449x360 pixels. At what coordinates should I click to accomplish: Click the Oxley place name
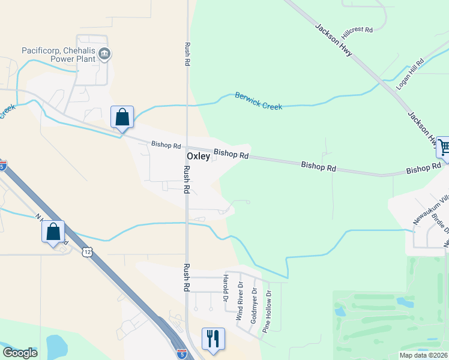tap(199, 156)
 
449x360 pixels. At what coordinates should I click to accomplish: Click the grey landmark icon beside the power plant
tap(104, 55)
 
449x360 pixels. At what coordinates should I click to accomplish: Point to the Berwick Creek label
tap(259, 101)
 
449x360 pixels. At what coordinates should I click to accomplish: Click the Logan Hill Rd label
tap(411, 74)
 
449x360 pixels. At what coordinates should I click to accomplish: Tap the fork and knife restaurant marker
tap(213, 339)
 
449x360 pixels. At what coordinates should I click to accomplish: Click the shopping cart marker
tap(443, 148)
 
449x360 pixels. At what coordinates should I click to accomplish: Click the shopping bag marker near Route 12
tap(53, 232)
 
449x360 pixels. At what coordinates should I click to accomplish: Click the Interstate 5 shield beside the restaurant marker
tap(181, 355)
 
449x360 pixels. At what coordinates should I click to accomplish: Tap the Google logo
tap(20, 353)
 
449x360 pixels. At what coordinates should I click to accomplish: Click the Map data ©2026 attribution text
tap(423, 355)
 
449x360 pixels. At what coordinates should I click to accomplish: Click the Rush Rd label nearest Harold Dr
tap(187, 278)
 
